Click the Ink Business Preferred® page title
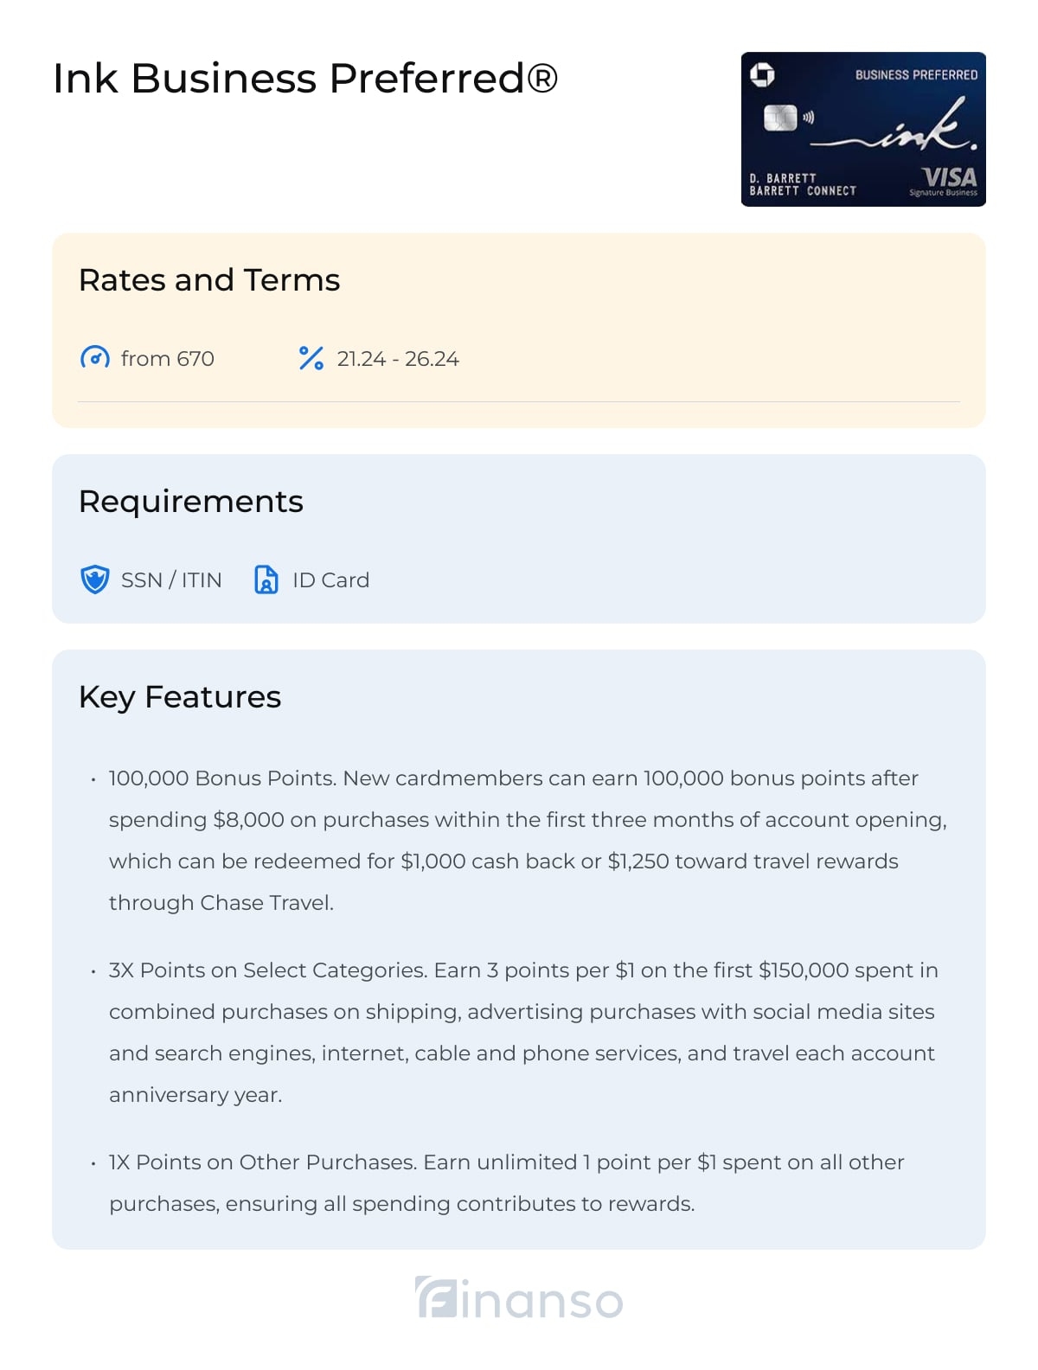[x=305, y=79]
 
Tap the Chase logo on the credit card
[x=762, y=75]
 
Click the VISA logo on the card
[x=949, y=177]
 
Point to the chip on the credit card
[x=779, y=118]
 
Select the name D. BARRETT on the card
[x=783, y=178]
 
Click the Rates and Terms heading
[x=209, y=280]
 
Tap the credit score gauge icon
[x=94, y=358]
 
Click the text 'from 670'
[x=168, y=359]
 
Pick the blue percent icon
[x=311, y=358]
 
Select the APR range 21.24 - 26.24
[x=398, y=359]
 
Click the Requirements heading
[x=191, y=502]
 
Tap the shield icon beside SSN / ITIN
[x=94, y=579]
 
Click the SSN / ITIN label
[x=171, y=580]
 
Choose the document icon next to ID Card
[x=266, y=579]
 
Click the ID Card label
[x=330, y=580]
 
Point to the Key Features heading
[x=180, y=697]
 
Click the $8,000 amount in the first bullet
[x=248, y=820]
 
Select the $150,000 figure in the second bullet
[x=804, y=970]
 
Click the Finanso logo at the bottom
[x=519, y=1298]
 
